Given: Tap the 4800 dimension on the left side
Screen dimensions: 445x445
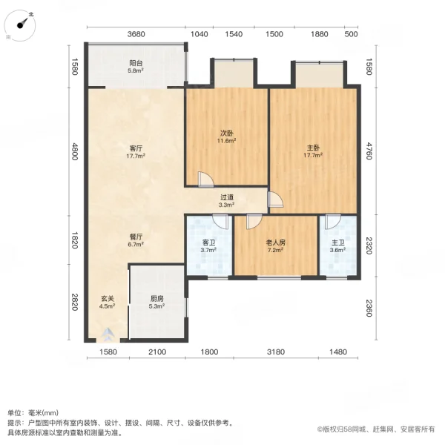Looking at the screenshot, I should pyautogui.click(x=75, y=154).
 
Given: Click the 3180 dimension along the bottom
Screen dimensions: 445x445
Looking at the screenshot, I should pyautogui.click(x=276, y=352).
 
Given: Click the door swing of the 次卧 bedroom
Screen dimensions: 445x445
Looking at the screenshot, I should pyautogui.click(x=206, y=179).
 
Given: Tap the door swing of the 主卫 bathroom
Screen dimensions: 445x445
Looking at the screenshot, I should pyautogui.click(x=331, y=220).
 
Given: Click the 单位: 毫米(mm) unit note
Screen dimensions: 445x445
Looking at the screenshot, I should pyautogui.click(x=33, y=413).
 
